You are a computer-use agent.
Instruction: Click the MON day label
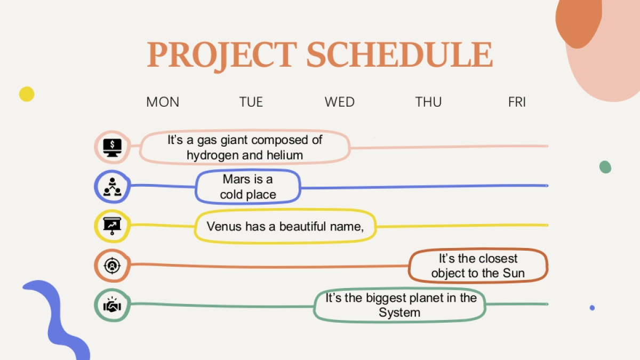coord(163,102)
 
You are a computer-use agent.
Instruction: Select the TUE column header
coord(251,102)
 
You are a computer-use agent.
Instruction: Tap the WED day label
coord(339,102)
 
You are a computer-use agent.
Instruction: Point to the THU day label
coord(428,102)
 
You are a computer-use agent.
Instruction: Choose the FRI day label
coord(517,102)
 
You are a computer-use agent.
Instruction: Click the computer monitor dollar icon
coord(113,147)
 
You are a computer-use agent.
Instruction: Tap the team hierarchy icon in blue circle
coord(113,187)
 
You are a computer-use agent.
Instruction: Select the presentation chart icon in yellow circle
coord(113,226)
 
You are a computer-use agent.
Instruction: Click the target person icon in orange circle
coord(113,266)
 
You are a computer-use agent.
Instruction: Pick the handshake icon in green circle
coord(113,305)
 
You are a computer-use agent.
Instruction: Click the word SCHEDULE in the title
coord(399,54)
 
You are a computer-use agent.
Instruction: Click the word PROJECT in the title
coord(222,56)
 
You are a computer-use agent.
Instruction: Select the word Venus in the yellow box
coord(224,227)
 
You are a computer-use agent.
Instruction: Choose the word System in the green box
coord(399,313)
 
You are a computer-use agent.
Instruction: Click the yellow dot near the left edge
coord(27,94)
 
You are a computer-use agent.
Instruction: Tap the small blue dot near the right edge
coord(592,308)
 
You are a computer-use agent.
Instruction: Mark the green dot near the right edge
coord(605,167)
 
